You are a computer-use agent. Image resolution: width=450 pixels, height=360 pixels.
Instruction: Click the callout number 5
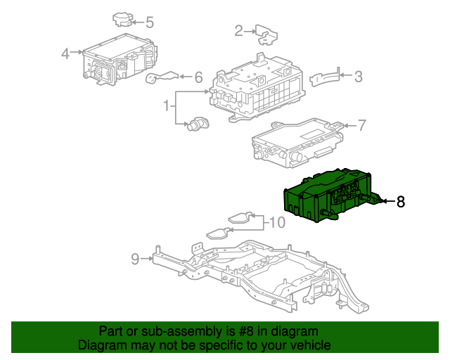pos(149,22)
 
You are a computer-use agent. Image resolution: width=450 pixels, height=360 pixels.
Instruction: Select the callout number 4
pos(65,53)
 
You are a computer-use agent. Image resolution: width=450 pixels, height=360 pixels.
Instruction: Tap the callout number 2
pos(238,30)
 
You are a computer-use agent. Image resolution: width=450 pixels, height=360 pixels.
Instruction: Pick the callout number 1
pos(167,107)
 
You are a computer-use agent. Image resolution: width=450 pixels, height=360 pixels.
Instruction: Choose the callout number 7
pos(361,126)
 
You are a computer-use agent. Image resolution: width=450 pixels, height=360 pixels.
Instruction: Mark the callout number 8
pos(401,202)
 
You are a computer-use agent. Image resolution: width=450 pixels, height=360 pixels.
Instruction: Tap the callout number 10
pos(276,224)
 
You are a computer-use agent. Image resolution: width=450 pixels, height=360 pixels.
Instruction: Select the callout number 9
pos(135,259)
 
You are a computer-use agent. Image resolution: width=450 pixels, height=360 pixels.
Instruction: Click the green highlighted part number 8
pos(327,197)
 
